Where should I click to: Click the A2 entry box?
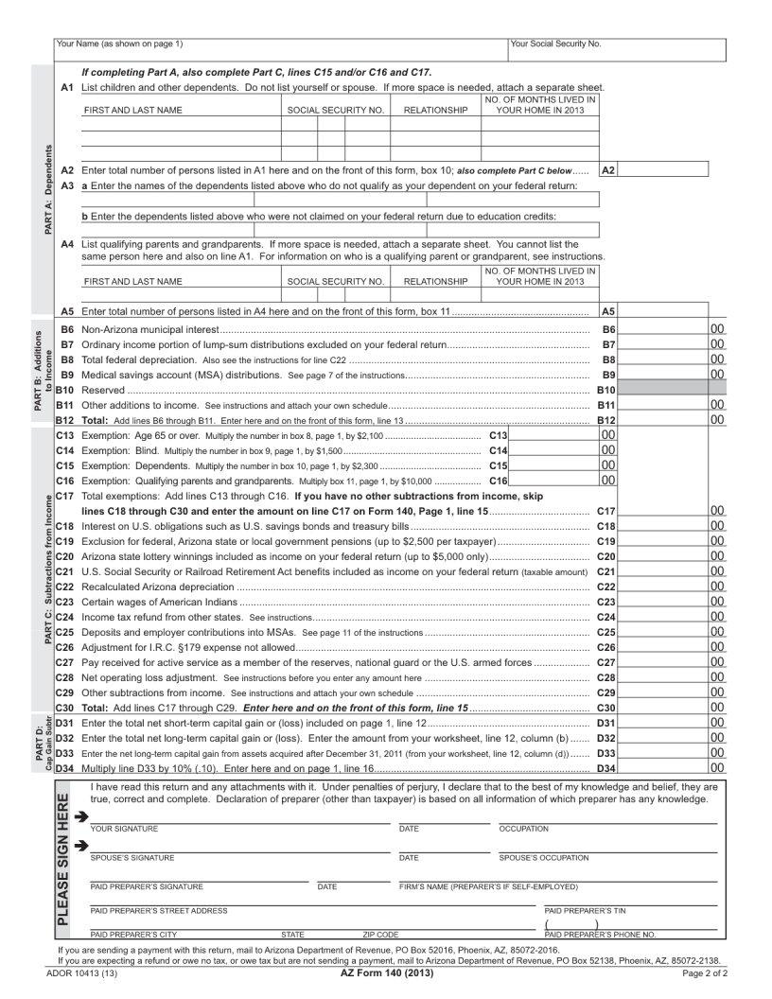(x=663, y=170)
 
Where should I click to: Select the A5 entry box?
(x=663, y=311)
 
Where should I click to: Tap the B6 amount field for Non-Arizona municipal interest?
(x=663, y=329)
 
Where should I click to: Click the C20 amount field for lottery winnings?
(x=663, y=556)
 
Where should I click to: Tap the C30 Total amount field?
(x=663, y=708)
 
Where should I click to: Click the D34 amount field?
(x=663, y=768)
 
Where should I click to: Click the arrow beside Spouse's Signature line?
(x=81, y=846)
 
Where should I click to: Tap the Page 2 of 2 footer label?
(x=704, y=973)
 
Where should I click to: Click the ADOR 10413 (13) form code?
(x=79, y=973)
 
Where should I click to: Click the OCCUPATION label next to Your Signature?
(x=523, y=829)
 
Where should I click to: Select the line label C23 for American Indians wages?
(x=65, y=602)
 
